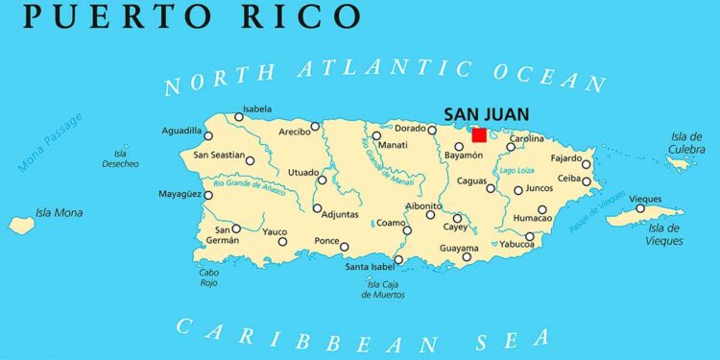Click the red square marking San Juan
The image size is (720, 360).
point(478,135)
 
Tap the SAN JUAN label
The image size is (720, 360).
point(487,114)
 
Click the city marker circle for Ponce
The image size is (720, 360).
point(345,247)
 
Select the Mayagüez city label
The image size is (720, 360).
point(180,195)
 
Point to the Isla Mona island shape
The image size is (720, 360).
point(21,225)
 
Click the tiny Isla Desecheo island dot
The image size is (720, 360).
point(125,147)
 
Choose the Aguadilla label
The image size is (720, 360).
point(180,131)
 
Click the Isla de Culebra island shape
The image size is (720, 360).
point(679,164)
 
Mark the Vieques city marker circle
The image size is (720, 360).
point(640,208)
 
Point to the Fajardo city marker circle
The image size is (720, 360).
point(587,164)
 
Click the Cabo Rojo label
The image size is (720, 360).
point(208,277)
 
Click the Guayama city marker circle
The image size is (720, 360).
point(467,256)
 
